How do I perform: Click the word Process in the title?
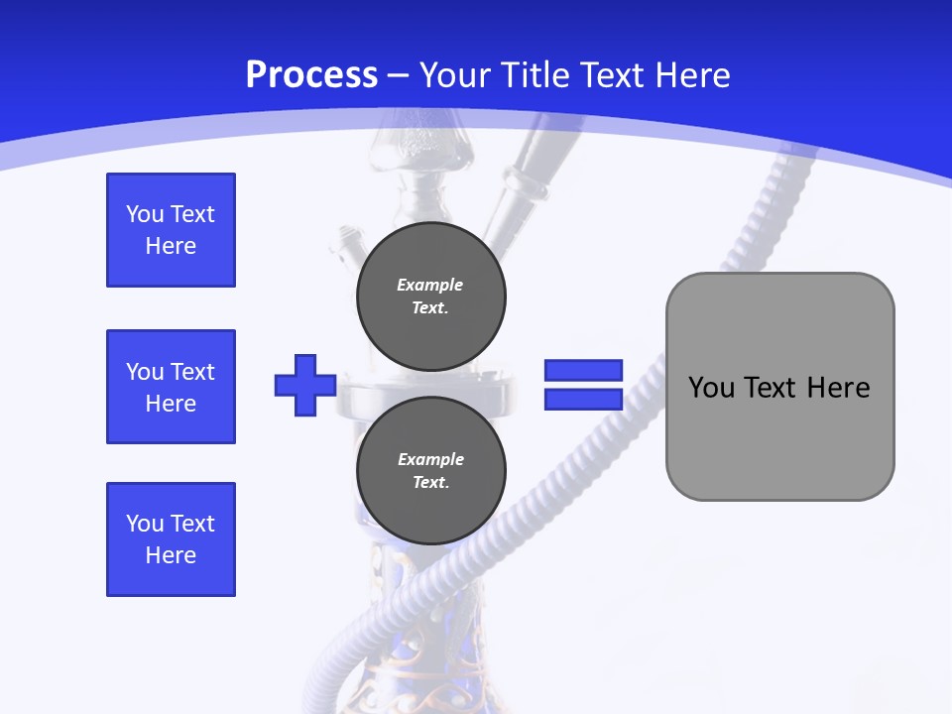[x=311, y=75]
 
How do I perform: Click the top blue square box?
[x=171, y=230]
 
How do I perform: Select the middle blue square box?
[x=171, y=387]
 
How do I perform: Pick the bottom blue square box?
[x=171, y=539]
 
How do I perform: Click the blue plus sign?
[x=305, y=385]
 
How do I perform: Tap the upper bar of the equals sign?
[x=583, y=370]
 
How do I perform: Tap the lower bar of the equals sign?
[x=583, y=399]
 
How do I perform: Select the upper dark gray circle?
[x=431, y=296]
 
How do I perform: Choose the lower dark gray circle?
[x=431, y=470]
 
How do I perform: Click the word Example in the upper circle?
[x=430, y=286]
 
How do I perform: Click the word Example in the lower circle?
[x=430, y=460]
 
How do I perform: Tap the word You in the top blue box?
[x=144, y=215]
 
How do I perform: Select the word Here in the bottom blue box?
[x=171, y=555]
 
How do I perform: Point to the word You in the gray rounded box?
[x=711, y=388]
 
